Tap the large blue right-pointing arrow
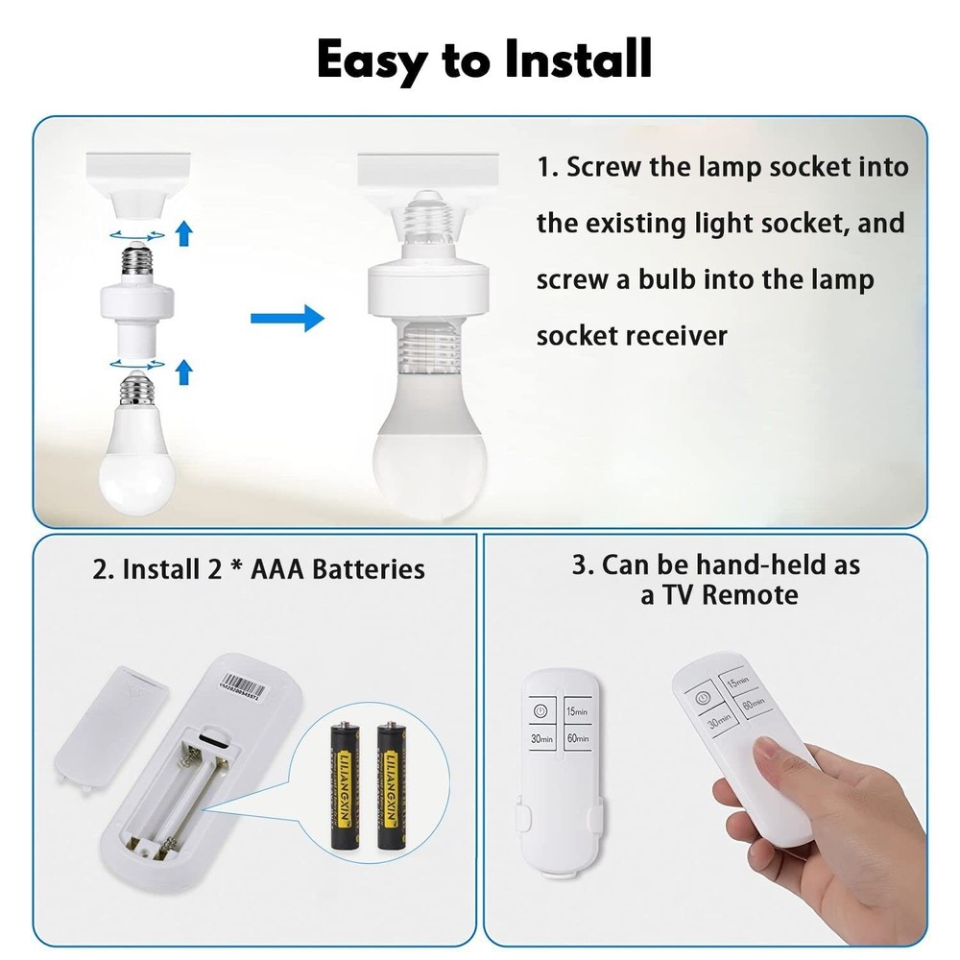287,318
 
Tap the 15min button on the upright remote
576,711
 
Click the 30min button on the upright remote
540,738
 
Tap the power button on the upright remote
540,711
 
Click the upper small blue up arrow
184,230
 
